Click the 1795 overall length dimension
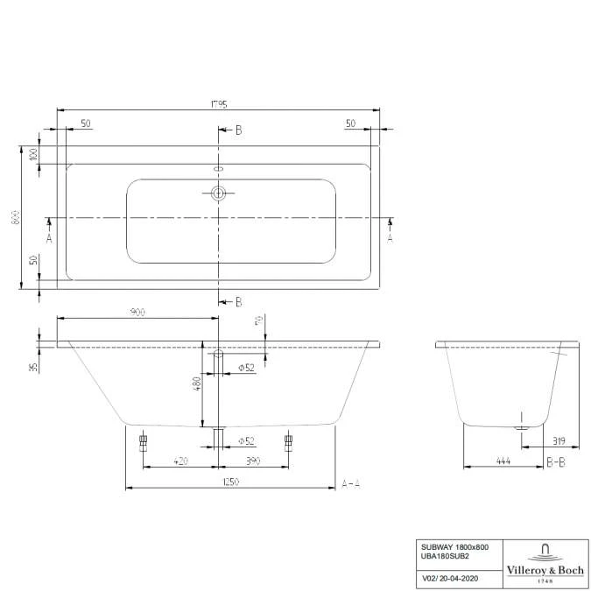click(x=218, y=104)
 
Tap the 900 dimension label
click(x=137, y=312)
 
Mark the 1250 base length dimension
click(x=230, y=482)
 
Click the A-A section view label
click(x=351, y=482)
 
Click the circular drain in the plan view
click(x=219, y=193)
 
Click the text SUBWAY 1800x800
click(x=454, y=547)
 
